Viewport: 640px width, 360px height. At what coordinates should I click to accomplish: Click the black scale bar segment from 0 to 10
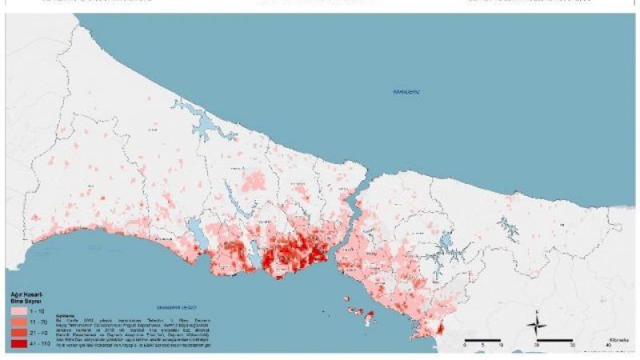[x=474, y=342]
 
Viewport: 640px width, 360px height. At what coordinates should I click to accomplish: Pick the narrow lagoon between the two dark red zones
[x=258, y=258]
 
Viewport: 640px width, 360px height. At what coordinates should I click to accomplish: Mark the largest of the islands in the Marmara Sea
[x=368, y=318]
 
